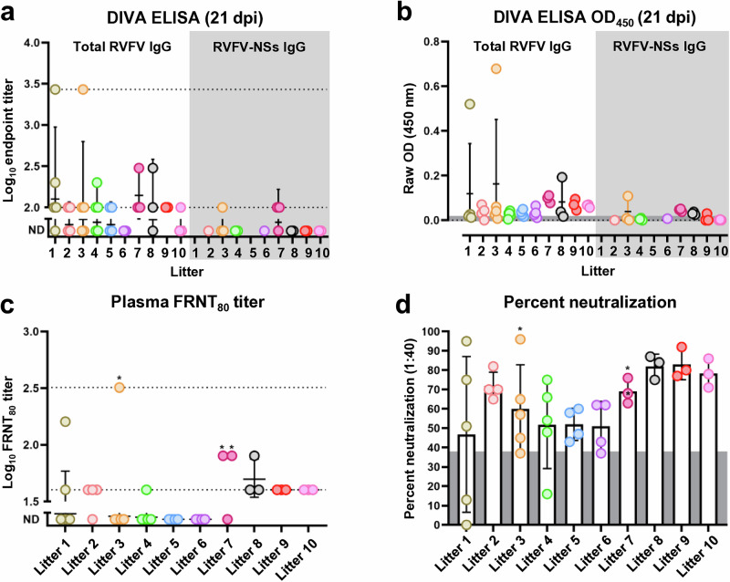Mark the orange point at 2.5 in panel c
click(x=119, y=387)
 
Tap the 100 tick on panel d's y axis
click(x=430, y=333)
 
